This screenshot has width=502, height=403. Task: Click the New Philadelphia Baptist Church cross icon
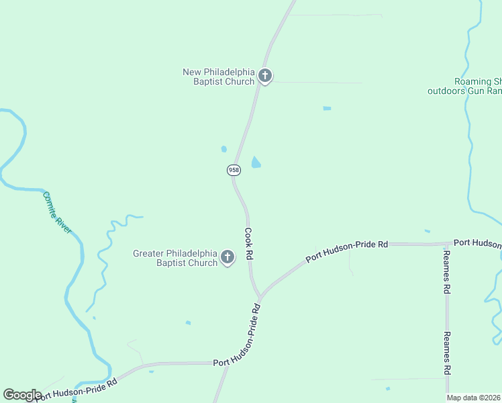point(265,76)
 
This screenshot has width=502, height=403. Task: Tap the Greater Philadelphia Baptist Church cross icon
point(228,257)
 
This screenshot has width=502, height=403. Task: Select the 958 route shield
point(234,170)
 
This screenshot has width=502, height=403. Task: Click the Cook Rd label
point(249,244)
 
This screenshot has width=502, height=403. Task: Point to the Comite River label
point(57,213)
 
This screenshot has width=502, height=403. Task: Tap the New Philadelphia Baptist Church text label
point(219,77)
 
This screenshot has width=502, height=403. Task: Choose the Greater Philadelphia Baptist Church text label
point(175,258)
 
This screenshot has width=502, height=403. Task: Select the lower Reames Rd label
point(446,353)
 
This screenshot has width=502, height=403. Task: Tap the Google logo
point(22,395)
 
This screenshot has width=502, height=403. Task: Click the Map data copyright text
point(474,398)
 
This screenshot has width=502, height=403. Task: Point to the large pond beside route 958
point(256,163)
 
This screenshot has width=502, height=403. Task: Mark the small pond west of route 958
point(223,149)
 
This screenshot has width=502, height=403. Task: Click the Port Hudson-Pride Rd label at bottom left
point(77,389)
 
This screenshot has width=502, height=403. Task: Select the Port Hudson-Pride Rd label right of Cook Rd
point(347,250)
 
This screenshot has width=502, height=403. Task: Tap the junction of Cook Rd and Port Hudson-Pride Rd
point(260,297)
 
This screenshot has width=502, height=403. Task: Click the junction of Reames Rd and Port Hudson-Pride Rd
point(446,244)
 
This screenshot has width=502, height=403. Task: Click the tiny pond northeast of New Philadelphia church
point(327,108)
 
